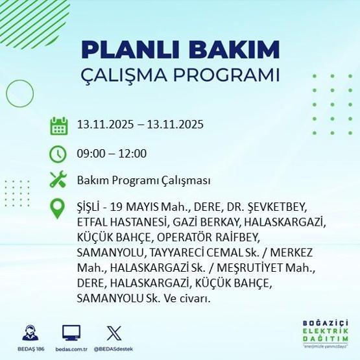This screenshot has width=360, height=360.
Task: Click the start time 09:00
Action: pos(90,153)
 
